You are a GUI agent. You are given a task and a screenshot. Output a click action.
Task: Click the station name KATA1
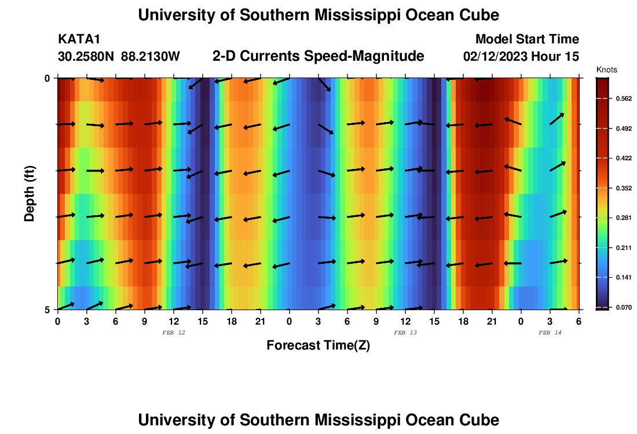(x=79, y=39)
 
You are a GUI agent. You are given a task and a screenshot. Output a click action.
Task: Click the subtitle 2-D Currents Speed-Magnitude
(x=318, y=56)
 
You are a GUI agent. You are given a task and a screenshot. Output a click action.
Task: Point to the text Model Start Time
(x=527, y=39)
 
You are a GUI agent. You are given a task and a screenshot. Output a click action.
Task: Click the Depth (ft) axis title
(x=30, y=193)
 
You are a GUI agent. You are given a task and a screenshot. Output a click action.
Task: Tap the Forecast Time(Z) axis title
(x=318, y=345)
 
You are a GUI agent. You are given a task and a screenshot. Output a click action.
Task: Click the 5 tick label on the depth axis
(x=48, y=310)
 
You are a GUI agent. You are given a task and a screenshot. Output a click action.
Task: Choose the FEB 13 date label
(x=405, y=333)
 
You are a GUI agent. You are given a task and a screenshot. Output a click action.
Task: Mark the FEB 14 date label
(x=550, y=333)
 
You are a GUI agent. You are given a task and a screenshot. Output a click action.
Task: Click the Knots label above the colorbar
(x=606, y=69)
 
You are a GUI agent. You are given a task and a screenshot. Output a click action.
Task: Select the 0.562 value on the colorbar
(x=624, y=98)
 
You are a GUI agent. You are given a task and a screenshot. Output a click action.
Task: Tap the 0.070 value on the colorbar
(x=624, y=307)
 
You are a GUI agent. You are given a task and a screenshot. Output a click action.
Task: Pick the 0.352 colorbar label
(x=624, y=188)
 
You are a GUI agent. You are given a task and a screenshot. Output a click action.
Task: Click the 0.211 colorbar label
(x=624, y=248)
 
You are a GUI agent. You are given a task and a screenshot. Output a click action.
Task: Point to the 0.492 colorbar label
(x=624, y=128)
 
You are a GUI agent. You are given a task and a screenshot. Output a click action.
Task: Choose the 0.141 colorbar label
(x=624, y=278)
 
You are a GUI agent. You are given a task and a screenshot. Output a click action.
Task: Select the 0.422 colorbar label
(x=624, y=158)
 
